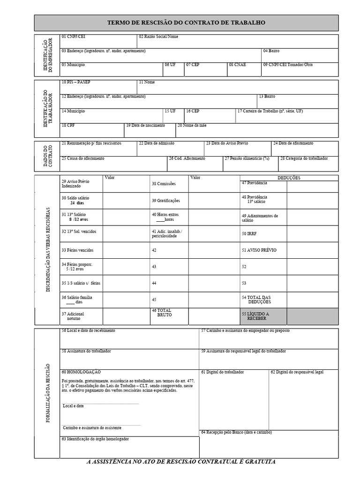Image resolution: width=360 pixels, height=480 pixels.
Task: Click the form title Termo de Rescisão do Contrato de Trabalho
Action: [x=186, y=22]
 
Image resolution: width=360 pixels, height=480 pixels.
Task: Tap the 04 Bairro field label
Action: [x=271, y=51]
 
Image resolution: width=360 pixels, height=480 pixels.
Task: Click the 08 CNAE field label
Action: [x=237, y=65]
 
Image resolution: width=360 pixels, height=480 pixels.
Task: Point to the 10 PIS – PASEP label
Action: [x=76, y=82]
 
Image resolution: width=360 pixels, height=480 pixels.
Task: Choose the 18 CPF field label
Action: [x=68, y=126]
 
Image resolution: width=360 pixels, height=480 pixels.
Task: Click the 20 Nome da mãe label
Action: [x=192, y=126]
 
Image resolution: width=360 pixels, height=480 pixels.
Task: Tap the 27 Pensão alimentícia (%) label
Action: [x=247, y=158]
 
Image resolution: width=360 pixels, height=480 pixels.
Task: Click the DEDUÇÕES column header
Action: [x=289, y=178]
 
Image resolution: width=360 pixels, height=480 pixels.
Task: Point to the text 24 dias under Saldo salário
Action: [x=77, y=203]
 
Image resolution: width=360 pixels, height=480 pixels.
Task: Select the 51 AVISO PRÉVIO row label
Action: [x=259, y=250]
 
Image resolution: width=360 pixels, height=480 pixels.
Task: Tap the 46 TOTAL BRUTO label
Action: [x=162, y=313]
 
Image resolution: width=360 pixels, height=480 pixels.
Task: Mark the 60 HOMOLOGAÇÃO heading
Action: [x=81, y=372]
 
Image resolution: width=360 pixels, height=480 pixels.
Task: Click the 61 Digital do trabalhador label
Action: [x=222, y=372]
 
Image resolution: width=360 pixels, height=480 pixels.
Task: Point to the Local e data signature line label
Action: [x=74, y=406]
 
